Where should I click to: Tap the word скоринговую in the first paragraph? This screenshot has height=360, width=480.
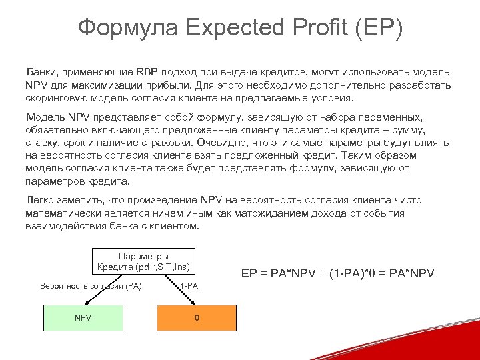(x=59, y=97)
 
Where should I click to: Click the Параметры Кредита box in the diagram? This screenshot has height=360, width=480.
(x=143, y=261)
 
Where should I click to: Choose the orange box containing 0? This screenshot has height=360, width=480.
(x=196, y=317)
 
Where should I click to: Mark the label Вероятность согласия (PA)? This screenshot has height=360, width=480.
(x=91, y=285)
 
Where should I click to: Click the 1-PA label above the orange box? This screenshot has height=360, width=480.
(x=189, y=285)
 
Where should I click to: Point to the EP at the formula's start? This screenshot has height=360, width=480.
(x=249, y=273)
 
